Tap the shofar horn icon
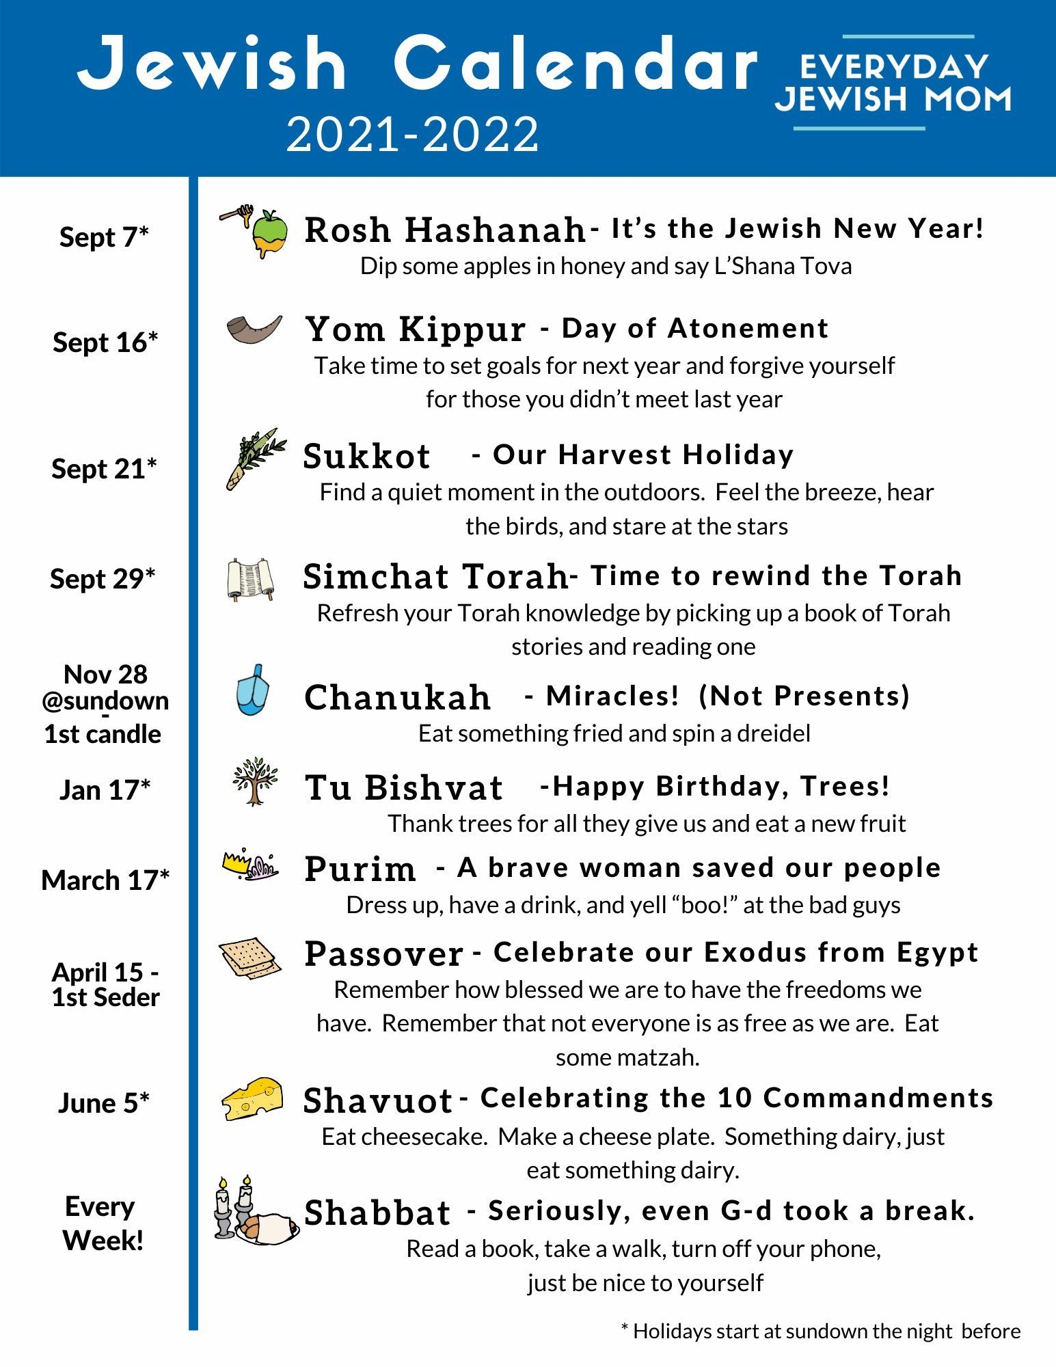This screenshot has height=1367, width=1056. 254,329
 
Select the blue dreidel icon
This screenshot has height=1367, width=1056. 252,690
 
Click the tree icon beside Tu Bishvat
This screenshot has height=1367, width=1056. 255,781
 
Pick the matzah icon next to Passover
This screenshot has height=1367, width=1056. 250,957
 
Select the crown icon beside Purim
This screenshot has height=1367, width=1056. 250,865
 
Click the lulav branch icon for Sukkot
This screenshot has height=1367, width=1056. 255,458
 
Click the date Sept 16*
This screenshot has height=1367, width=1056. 105,342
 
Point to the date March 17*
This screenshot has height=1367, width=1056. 105,880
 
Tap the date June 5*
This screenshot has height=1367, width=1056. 104,1103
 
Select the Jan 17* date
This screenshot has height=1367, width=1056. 105,790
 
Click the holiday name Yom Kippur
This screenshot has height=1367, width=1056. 415,329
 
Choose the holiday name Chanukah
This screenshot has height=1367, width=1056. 397,697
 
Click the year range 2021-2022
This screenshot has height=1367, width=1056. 412,135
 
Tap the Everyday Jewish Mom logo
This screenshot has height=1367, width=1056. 893,83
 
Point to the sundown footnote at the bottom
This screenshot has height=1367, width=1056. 820,1331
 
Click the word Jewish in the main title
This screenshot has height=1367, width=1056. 213,63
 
